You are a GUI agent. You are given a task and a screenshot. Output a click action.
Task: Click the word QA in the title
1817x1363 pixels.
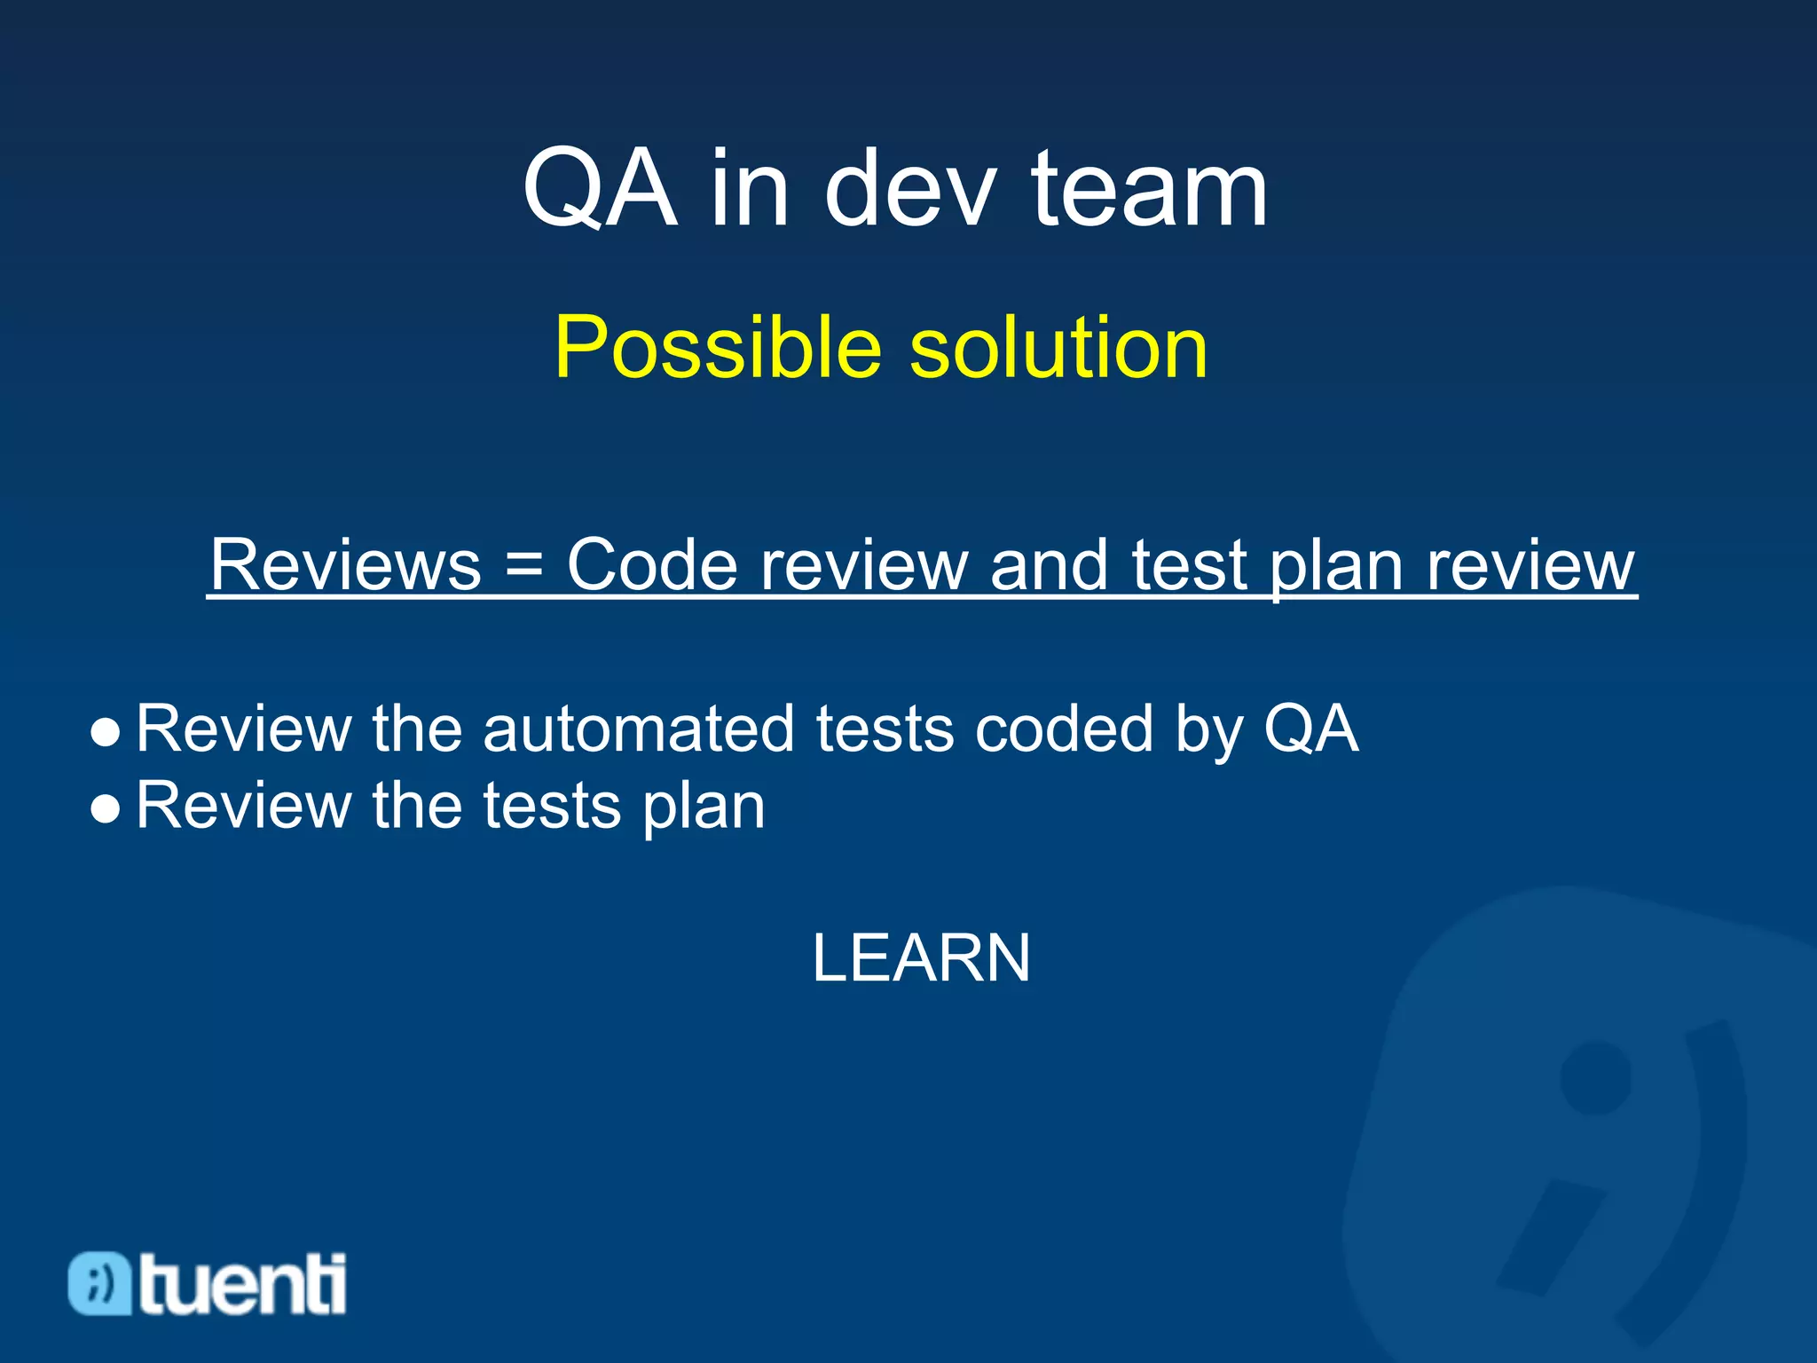click(x=600, y=188)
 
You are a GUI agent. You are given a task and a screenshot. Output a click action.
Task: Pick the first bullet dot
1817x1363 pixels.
click(x=105, y=733)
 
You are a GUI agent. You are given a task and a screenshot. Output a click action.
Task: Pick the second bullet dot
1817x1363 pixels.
click(x=105, y=808)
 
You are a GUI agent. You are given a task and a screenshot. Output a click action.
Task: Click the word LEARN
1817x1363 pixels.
click(x=921, y=958)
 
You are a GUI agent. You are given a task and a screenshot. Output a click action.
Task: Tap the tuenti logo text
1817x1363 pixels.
click(x=241, y=1284)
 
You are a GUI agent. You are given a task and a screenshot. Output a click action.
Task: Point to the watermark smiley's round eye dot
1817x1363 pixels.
click(x=1595, y=1077)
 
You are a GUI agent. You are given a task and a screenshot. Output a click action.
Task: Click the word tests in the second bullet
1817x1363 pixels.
click(x=551, y=806)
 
